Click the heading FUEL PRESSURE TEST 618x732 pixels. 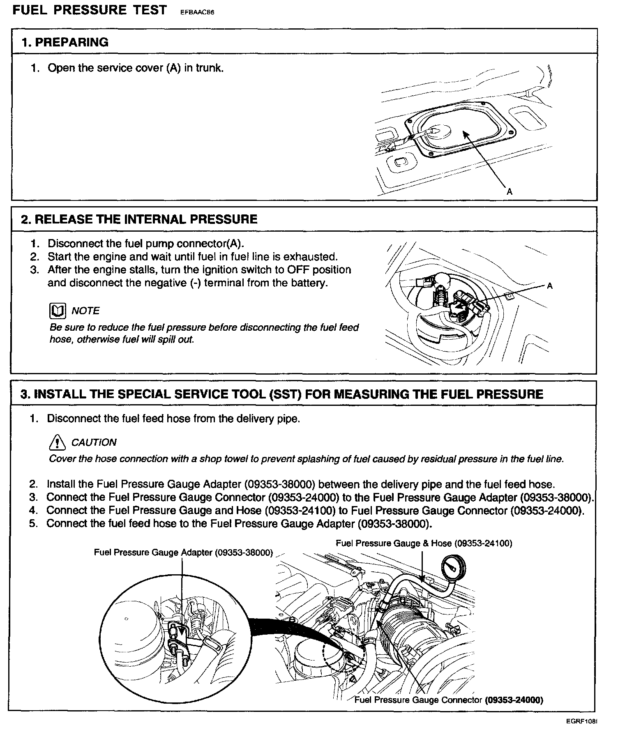(90, 10)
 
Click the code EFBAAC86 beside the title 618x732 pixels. (198, 12)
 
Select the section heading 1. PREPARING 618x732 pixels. (65, 42)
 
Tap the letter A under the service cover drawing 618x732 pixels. (510, 191)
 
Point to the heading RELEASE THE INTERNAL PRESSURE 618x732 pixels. (146, 219)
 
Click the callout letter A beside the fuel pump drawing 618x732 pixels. (550, 286)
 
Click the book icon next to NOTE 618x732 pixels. (57, 311)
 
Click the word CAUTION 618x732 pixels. (94, 442)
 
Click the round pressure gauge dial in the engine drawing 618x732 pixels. (453, 569)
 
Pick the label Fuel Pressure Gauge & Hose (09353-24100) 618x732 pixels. (424, 543)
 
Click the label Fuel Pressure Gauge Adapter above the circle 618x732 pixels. (183, 552)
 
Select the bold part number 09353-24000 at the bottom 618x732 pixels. (514, 700)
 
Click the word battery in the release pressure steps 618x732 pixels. (310, 283)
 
